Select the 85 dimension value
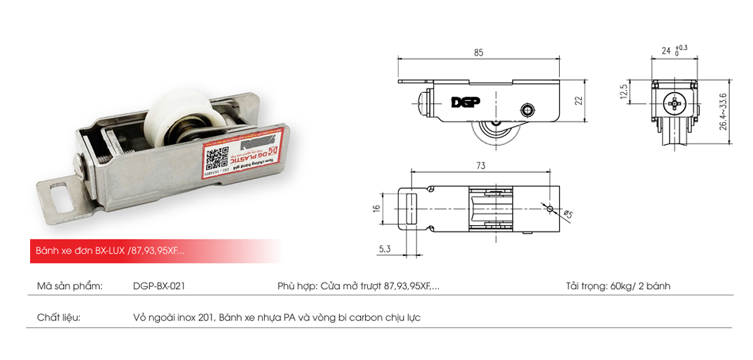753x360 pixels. (479, 53)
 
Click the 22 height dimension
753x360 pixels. (579, 100)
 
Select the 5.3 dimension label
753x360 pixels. (385, 250)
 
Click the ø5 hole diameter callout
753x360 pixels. (569, 215)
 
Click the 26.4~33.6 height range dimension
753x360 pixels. (723, 112)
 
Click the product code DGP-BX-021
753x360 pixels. (159, 286)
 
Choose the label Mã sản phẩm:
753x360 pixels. (69, 286)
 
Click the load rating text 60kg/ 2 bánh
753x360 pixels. (639, 286)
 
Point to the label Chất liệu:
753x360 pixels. (58, 317)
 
